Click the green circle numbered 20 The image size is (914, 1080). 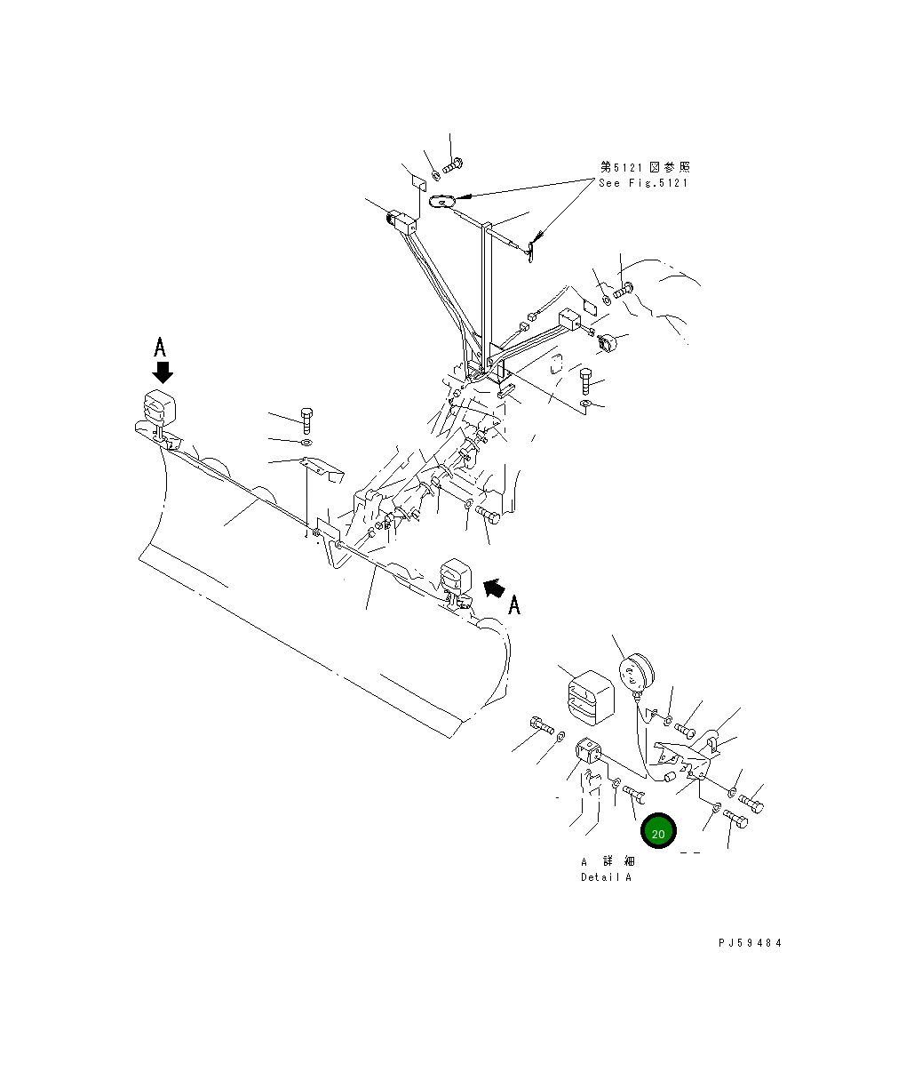click(x=658, y=833)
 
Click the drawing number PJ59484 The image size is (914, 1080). click(x=751, y=944)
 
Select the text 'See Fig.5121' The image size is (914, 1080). click(x=643, y=183)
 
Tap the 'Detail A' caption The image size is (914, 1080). click(x=606, y=877)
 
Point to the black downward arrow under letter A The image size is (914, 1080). click(x=162, y=371)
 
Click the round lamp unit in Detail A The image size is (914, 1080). click(x=635, y=671)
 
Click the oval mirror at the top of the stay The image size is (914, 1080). click(x=442, y=203)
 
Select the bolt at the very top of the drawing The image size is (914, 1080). click(x=451, y=164)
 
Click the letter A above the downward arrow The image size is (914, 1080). click(x=160, y=346)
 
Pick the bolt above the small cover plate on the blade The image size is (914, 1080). click(x=306, y=416)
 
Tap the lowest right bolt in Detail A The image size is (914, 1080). click(x=735, y=820)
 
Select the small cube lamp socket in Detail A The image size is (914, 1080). click(x=590, y=752)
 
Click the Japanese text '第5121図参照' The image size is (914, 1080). click(x=644, y=167)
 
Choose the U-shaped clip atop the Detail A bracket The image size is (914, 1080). click(x=714, y=740)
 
